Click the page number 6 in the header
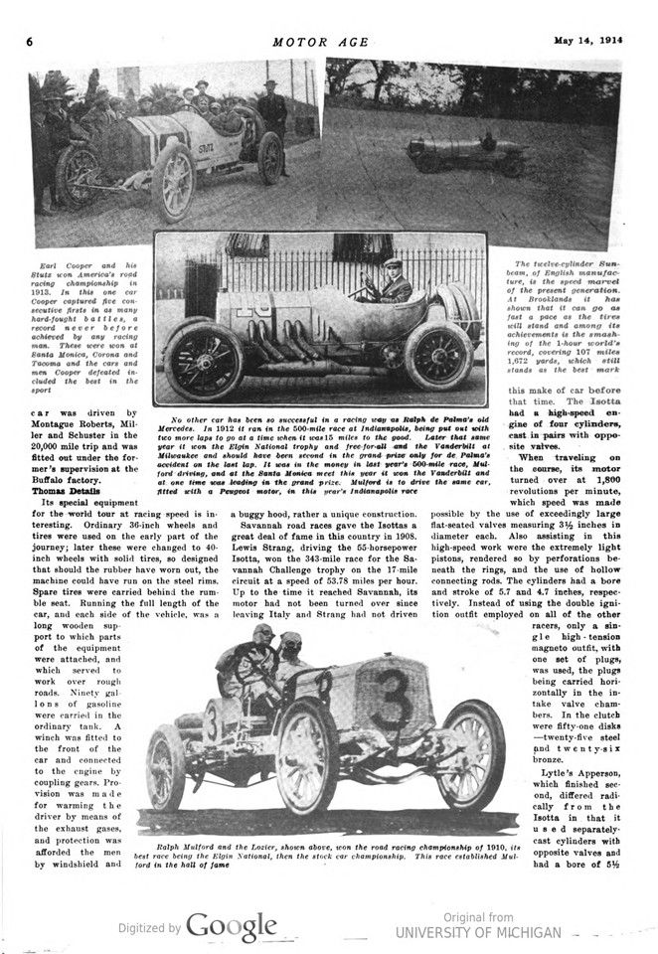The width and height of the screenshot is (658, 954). tap(30, 43)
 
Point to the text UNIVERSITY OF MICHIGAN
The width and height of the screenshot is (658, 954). tap(478, 932)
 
